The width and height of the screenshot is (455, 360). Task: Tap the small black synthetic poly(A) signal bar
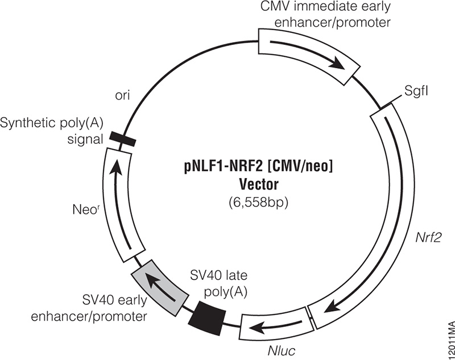click(x=122, y=138)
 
